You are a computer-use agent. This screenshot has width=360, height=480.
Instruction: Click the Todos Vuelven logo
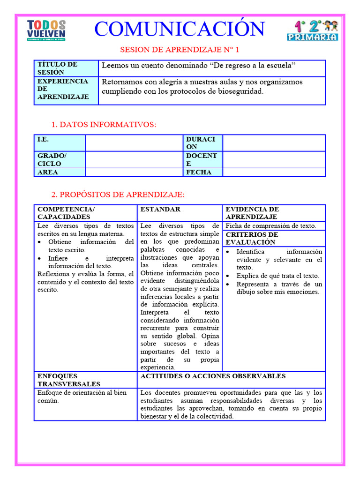pyautogui.click(x=46, y=30)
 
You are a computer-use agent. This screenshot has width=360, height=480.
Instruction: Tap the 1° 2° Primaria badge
pyautogui.click(x=312, y=30)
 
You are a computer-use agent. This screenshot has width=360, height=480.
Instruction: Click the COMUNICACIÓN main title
pyautogui.click(x=180, y=29)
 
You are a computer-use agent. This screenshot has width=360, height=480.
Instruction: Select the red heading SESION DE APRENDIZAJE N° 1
pyautogui.click(x=180, y=49)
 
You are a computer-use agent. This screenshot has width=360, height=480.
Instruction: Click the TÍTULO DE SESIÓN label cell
pyautogui.click(x=66, y=68)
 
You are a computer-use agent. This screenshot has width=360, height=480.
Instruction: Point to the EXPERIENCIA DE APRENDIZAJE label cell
pyautogui.click(x=66, y=89)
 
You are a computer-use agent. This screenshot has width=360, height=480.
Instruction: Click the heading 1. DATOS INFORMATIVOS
pyautogui.click(x=104, y=125)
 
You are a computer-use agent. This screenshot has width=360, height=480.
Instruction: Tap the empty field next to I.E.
pyautogui.click(x=134, y=143)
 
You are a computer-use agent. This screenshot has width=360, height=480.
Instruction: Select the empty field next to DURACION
pyautogui.click(x=274, y=143)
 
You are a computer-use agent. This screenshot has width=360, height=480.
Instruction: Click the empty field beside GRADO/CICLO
pyautogui.click(x=134, y=159)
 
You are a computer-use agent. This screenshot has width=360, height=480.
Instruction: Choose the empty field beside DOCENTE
pyautogui.click(x=274, y=159)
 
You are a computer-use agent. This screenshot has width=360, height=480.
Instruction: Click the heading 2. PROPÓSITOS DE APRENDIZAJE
pyautogui.click(x=118, y=195)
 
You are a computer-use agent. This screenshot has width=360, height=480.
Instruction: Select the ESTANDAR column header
pyautogui.click(x=160, y=209)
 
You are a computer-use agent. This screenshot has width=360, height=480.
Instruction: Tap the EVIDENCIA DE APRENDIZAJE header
pyautogui.click(x=252, y=213)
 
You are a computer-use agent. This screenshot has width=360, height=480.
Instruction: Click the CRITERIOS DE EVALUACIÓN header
pyautogui.click(x=252, y=238)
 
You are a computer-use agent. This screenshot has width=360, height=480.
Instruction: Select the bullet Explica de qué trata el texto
pyautogui.click(x=277, y=276)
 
